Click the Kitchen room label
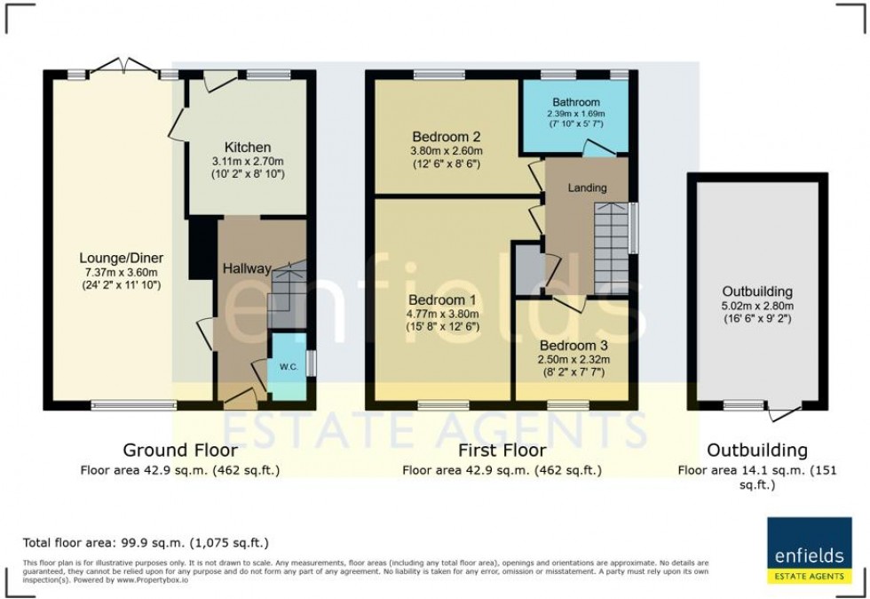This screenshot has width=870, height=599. pos(248,147)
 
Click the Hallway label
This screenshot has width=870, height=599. pos(247,268)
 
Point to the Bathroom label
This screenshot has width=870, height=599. pos(575,102)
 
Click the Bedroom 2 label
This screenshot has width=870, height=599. pos(446,137)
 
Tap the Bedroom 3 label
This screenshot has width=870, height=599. pos(573,345)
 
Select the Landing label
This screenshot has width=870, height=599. pos(588,188)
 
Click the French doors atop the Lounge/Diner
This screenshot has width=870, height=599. pos(123,66)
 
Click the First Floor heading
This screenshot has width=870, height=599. pos(502,450)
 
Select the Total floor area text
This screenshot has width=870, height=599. pos(145,542)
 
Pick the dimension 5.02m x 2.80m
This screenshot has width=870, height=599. pos(756,305)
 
